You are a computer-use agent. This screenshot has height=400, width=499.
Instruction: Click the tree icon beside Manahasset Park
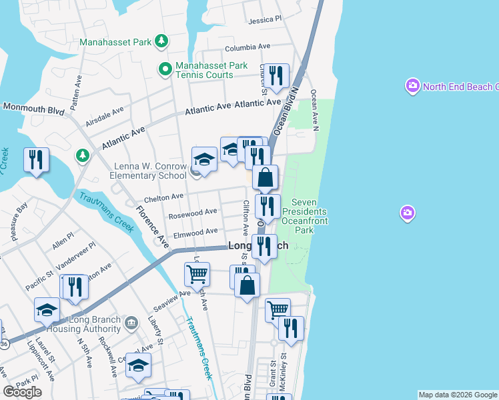point(161,42)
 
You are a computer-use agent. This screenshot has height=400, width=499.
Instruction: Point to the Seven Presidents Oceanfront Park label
point(307,215)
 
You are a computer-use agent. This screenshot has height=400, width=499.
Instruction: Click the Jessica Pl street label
point(265,21)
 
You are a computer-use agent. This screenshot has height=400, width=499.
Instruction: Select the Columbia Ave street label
point(247,48)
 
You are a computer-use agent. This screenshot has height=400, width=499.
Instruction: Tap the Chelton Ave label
point(163,197)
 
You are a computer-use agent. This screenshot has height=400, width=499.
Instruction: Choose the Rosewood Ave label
point(193,213)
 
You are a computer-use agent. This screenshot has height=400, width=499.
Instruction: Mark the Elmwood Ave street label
point(195,231)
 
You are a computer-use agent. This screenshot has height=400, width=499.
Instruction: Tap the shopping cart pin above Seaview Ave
point(197,273)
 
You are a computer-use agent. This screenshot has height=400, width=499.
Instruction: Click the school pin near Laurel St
point(47,309)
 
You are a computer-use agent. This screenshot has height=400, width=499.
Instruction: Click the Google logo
point(23,392)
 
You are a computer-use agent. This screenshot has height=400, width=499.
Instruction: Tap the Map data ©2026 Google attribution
point(457,395)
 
